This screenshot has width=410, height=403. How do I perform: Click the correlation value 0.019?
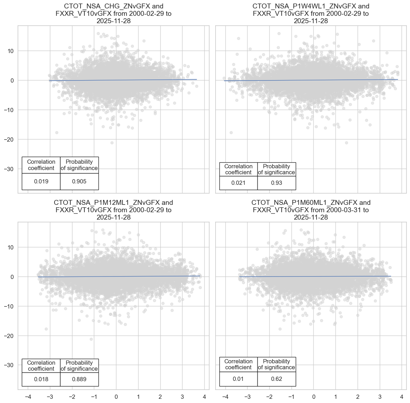(x=41, y=182)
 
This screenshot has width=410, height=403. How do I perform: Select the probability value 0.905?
(x=79, y=182)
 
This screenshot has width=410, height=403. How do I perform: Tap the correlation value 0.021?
(x=238, y=183)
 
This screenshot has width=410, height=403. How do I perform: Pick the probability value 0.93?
(x=276, y=183)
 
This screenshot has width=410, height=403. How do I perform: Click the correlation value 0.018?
(x=41, y=379)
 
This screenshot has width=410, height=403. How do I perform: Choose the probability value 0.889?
(x=79, y=379)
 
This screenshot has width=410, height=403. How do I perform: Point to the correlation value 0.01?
(x=238, y=379)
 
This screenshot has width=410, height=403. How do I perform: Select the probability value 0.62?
(x=276, y=379)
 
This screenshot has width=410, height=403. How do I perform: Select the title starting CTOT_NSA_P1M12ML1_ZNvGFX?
(x=114, y=210)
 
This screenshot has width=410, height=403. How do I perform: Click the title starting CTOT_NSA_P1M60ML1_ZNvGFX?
(x=311, y=210)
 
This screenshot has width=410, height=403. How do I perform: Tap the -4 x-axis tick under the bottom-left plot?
(x=28, y=397)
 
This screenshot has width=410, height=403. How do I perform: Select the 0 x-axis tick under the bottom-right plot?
(x=314, y=397)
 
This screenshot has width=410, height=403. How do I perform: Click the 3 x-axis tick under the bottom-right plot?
(x=380, y=397)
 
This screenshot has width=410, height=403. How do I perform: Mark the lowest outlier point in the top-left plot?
(x=112, y=143)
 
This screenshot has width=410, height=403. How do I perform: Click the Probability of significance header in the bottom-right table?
(x=276, y=364)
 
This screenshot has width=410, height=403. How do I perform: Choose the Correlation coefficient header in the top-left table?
(x=41, y=165)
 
